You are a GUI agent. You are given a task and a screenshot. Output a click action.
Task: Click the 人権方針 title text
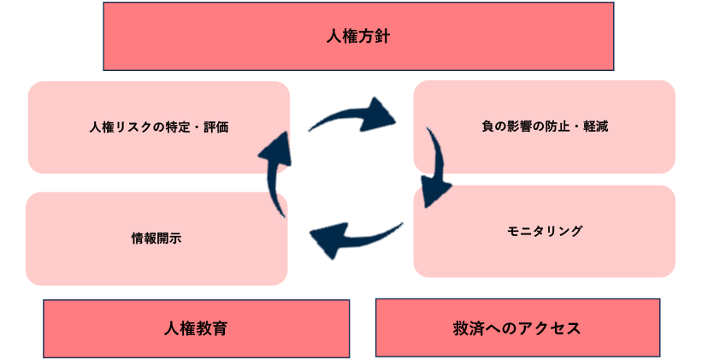(358, 37)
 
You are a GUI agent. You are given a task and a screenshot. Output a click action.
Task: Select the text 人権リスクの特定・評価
(159, 127)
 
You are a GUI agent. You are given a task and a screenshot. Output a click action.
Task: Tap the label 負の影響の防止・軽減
(545, 127)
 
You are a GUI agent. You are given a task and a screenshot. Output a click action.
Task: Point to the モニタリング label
(544, 231)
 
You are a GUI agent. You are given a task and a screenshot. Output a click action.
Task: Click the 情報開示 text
(156, 239)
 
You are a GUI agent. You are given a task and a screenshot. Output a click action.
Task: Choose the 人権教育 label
(196, 328)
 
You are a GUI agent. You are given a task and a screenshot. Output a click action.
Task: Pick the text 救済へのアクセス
(517, 328)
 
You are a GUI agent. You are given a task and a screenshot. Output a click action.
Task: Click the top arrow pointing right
(351, 115)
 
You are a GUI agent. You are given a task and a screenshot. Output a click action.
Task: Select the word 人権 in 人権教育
(180, 328)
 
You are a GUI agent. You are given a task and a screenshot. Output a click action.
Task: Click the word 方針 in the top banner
(375, 37)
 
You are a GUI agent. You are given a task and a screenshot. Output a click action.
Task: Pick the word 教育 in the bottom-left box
(212, 328)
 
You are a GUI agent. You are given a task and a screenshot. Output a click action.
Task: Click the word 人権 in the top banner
(342, 37)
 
